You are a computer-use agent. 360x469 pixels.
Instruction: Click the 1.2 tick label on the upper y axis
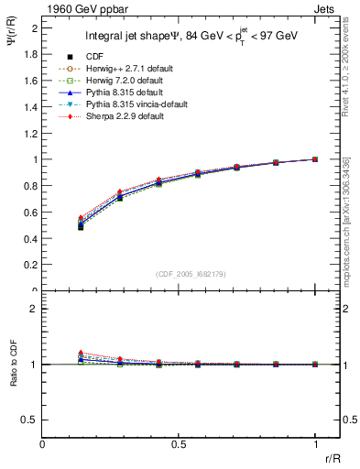point(31,133)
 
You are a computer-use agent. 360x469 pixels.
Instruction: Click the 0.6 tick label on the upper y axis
point(31,213)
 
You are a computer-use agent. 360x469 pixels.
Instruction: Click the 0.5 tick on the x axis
point(179,443)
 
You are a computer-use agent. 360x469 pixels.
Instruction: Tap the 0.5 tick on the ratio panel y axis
point(31,420)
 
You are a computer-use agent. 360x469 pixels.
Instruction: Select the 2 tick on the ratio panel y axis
point(35,309)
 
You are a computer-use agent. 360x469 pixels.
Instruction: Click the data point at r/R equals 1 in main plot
point(315,158)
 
